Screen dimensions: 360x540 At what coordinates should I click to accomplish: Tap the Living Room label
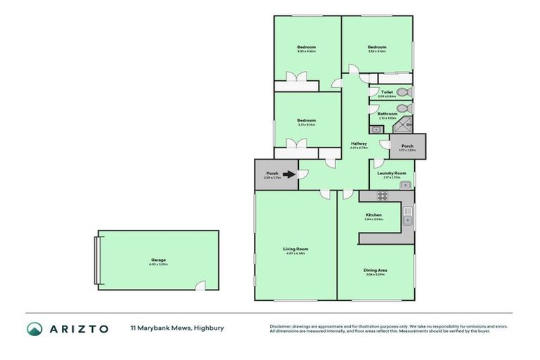pos(296,249)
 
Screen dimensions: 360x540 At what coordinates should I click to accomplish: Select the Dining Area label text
pos(375,270)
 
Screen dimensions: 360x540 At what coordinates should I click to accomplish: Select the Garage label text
pos(158,260)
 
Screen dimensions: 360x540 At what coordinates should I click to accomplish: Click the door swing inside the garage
pos(200,285)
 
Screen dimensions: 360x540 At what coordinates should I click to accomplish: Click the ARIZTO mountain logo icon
pos(34,328)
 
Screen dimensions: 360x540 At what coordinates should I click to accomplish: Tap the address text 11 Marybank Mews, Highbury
pos(176,328)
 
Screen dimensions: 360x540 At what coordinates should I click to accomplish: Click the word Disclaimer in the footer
pos(282,326)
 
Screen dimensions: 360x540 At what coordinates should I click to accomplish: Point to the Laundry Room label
pos(392,173)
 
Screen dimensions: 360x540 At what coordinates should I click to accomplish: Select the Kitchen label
pos(373,214)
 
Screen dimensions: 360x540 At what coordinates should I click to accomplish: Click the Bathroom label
pos(387,113)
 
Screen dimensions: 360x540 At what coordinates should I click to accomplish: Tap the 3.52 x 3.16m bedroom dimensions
pos(376,51)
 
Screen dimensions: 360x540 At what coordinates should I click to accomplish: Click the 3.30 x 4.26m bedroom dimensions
pos(306,51)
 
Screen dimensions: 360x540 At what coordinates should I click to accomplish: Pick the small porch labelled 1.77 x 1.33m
pos(407,146)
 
